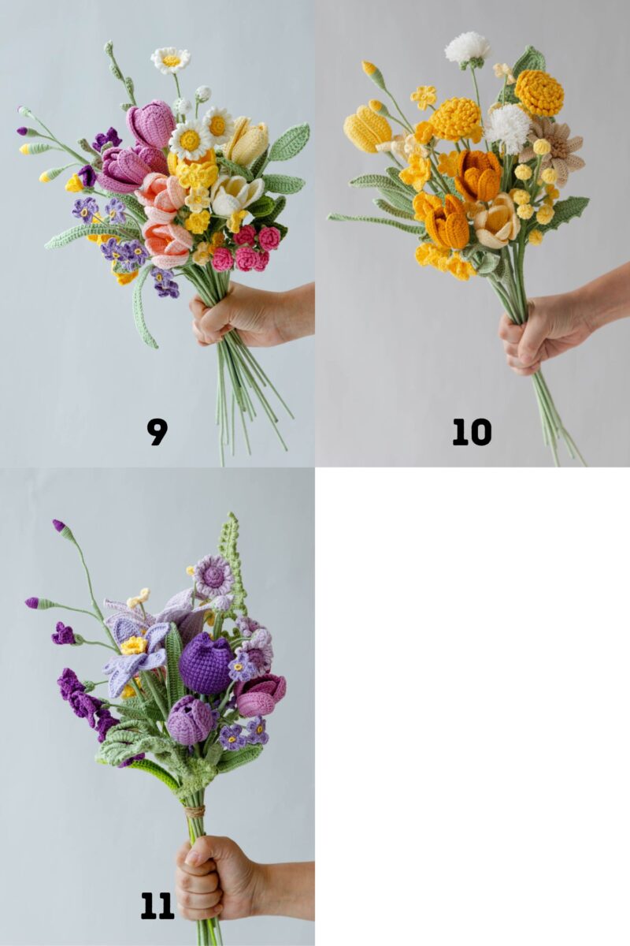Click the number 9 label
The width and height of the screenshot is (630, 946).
157,431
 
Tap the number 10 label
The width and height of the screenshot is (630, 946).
472,431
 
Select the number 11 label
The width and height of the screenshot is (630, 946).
157,906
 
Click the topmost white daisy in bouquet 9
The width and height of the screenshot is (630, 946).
171,60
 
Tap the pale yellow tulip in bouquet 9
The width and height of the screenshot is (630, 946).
247,141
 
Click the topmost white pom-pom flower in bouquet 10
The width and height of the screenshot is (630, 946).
467,47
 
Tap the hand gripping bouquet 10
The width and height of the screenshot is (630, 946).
543,331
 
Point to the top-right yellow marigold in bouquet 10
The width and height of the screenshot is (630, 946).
539,93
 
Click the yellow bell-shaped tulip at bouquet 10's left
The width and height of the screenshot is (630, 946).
368,128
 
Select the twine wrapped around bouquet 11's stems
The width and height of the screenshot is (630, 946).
195,810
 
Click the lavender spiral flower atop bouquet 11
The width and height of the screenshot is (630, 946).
213,575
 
